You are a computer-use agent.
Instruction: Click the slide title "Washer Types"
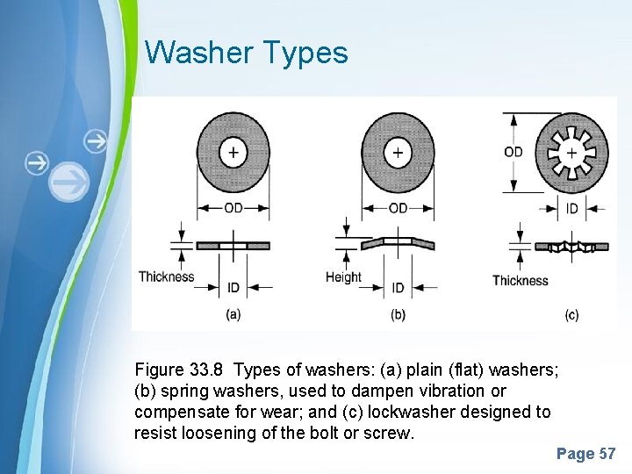coord(247,53)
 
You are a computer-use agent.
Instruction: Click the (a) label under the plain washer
coord(233,313)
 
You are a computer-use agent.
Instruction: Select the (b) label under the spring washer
coord(398,313)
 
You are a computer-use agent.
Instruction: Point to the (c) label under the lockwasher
coord(571,314)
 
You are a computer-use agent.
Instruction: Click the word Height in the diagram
coord(343,277)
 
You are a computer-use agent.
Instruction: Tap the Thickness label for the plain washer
coord(166,277)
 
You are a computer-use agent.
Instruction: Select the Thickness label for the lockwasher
coord(520,281)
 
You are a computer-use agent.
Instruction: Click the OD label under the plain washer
coord(233,208)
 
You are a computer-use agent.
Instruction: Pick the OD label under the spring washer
coord(398,208)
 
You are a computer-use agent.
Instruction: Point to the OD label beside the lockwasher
coord(513,152)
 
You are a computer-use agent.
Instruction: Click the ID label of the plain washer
coord(233,287)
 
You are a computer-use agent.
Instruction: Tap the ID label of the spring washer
coord(398,287)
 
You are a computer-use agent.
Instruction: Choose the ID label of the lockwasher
coord(572,209)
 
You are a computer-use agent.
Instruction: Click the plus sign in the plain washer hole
coord(233,153)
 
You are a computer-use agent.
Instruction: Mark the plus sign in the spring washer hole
coord(398,153)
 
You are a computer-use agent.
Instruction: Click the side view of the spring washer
coord(398,242)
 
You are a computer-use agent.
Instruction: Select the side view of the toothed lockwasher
coord(571,247)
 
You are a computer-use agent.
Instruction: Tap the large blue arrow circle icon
coord(68,183)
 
